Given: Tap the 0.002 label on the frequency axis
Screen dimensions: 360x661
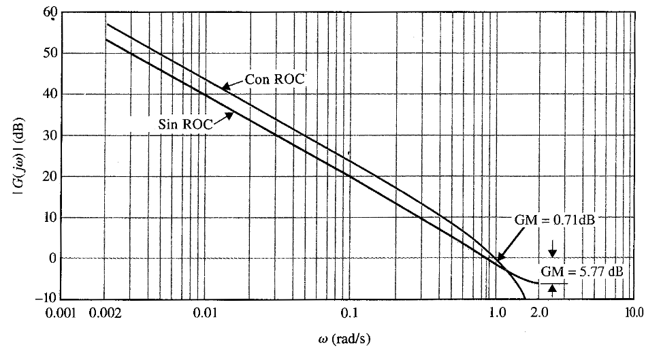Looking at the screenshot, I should coord(114,314).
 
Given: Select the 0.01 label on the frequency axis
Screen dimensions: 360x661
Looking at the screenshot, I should coord(205,314).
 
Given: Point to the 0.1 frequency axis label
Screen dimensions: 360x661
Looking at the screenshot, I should coord(349,314).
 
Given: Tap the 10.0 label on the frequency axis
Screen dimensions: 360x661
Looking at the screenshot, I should coord(634,314).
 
